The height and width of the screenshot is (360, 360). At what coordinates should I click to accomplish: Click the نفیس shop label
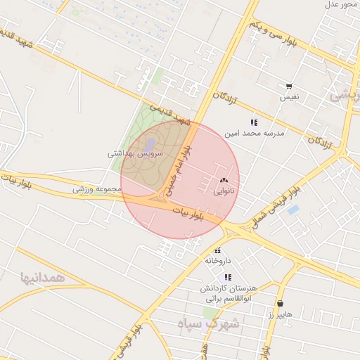[x=290, y=96]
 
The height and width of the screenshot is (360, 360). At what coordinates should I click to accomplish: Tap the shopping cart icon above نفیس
[x=289, y=86]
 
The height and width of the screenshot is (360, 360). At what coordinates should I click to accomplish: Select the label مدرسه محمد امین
[x=253, y=132]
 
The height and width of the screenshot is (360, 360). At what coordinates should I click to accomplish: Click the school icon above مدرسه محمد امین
[x=253, y=122]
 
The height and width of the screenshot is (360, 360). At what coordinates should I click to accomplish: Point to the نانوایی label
[x=224, y=190]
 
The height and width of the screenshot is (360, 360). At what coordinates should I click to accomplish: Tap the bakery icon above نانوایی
[x=224, y=181]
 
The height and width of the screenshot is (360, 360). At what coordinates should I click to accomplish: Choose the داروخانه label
[x=218, y=260]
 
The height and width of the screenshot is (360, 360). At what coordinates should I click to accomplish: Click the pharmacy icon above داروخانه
[x=217, y=250]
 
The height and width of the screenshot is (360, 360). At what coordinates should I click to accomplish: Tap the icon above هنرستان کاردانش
[x=229, y=277]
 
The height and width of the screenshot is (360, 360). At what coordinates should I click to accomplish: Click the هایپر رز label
[x=280, y=314]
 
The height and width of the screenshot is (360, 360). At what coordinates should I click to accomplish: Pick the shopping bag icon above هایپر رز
[x=281, y=304]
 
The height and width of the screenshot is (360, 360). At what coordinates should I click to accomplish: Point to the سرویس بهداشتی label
[x=135, y=153]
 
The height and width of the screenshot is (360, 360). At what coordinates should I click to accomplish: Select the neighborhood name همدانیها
[x=44, y=277]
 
